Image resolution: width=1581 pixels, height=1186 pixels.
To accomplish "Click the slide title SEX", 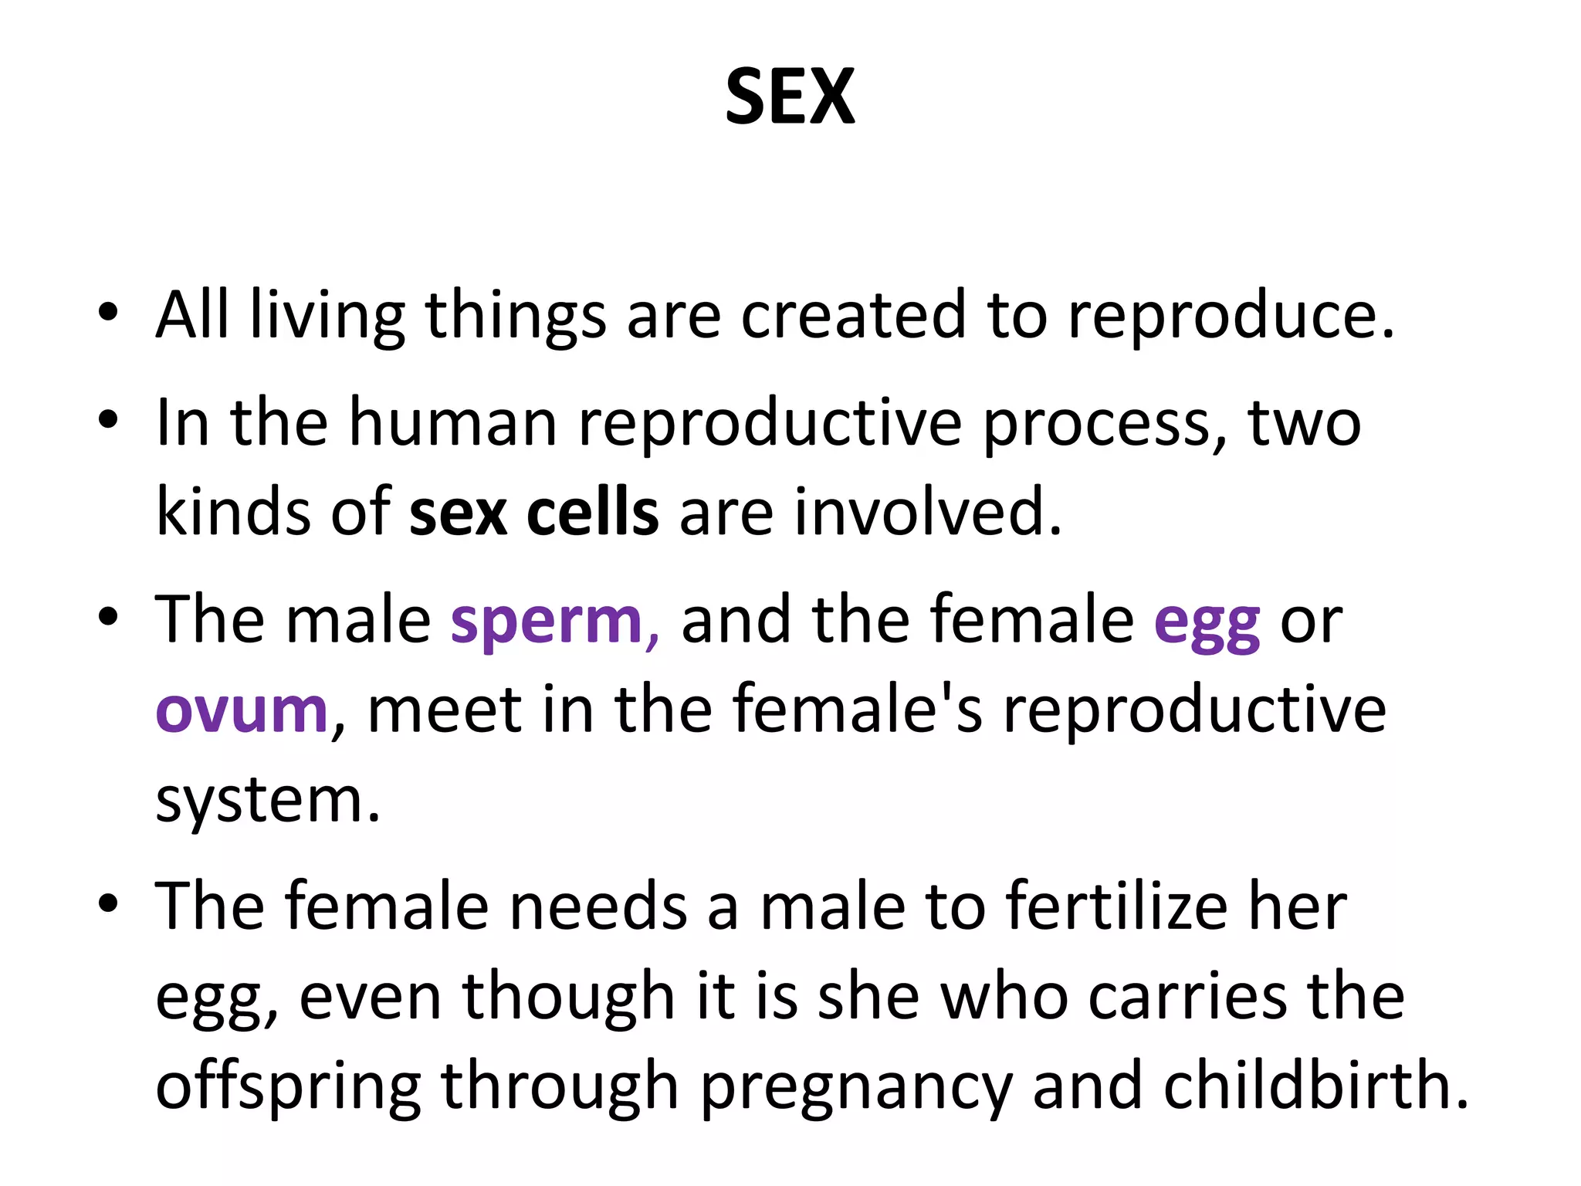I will (x=790, y=97).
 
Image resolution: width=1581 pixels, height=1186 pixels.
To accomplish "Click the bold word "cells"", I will (x=592, y=513).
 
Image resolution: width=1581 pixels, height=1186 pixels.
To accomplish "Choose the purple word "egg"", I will (x=1207, y=622).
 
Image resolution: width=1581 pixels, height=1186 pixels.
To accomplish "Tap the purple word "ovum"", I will (x=242, y=710).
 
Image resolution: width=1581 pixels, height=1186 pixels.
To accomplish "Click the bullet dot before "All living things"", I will (x=108, y=313).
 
